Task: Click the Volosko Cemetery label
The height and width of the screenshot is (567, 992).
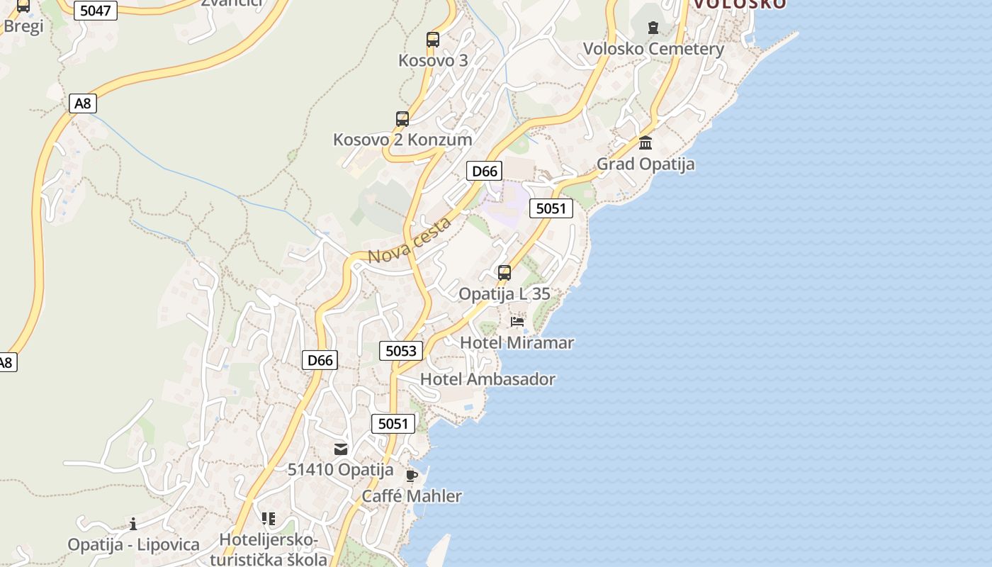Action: point(653,49)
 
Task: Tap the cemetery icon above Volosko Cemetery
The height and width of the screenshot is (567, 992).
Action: point(653,28)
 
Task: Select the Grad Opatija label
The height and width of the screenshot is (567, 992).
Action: point(646,164)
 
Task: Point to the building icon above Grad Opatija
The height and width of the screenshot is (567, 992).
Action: point(646,142)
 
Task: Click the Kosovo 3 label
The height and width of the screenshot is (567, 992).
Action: point(433,60)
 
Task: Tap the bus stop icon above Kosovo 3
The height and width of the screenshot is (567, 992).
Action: point(433,39)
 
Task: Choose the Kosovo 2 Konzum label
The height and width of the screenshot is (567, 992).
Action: point(402,140)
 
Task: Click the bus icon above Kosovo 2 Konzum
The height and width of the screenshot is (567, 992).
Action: point(402,118)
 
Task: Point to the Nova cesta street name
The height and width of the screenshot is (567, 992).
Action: point(410,241)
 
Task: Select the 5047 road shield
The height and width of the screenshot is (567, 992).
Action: point(95,11)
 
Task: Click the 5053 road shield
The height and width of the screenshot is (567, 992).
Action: point(401,351)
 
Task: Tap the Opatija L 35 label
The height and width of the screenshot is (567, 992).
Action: point(505,294)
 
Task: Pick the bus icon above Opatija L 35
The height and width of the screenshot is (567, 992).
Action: point(505,272)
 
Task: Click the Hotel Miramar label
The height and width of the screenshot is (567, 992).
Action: point(517,342)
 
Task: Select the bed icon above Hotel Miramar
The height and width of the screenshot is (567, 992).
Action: point(517,322)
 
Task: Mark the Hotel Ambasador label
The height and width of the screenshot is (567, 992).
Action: point(487,379)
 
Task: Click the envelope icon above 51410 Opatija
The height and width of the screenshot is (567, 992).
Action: point(341,449)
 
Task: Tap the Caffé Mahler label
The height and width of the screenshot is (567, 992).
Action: point(412,496)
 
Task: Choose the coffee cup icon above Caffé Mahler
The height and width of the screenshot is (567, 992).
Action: point(412,476)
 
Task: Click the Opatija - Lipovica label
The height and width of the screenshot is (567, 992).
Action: point(133,545)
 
